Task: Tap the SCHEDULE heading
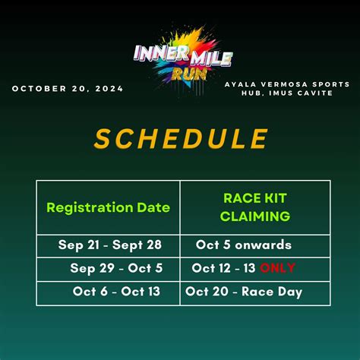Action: [181, 139]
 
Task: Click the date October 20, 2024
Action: [67, 89]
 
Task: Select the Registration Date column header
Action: [108, 207]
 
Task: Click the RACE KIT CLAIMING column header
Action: [255, 207]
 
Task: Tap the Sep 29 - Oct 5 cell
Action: [115, 268]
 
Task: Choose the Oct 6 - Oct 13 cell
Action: [116, 292]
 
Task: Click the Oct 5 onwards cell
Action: [243, 245]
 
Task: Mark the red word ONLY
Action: [277, 268]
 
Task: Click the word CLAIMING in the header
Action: [255, 216]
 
